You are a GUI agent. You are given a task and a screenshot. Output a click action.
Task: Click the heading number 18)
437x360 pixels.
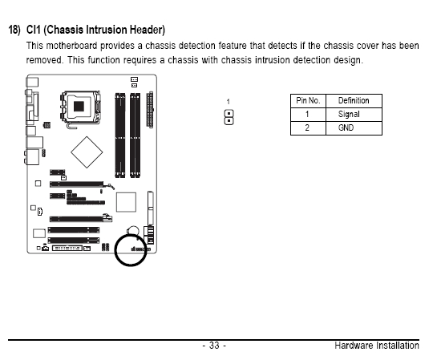(14, 30)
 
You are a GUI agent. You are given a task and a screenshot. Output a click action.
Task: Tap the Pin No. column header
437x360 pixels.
(308, 100)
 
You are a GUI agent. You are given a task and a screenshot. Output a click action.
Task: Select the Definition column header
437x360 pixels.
(354, 100)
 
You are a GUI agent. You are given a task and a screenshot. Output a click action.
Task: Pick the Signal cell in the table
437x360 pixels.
(349, 114)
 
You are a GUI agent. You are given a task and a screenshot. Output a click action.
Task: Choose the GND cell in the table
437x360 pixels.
(346, 128)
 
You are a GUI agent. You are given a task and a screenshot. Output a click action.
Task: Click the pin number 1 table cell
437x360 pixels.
(307, 114)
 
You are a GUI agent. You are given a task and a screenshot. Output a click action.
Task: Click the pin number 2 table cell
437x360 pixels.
(307, 128)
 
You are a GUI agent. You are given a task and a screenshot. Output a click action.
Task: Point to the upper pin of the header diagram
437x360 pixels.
(229, 114)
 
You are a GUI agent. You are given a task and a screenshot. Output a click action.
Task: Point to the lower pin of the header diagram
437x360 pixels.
(229, 121)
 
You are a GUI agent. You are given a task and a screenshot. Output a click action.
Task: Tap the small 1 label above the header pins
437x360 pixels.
(229, 102)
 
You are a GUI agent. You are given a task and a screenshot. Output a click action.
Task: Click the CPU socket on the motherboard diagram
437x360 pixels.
(80, 107)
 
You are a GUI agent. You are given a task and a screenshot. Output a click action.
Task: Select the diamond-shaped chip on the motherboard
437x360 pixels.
(87, 152)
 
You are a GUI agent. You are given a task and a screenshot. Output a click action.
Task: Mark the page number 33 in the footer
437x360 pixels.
(214, 346)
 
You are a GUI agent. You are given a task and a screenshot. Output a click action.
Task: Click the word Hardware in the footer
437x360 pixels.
(354, 346)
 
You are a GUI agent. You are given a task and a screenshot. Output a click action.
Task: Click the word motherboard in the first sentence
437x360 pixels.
(71, 46)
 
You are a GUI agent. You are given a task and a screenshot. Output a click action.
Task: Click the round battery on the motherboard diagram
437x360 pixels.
(133, 231)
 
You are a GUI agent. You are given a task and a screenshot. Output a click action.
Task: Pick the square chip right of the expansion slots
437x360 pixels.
(126, 202)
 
